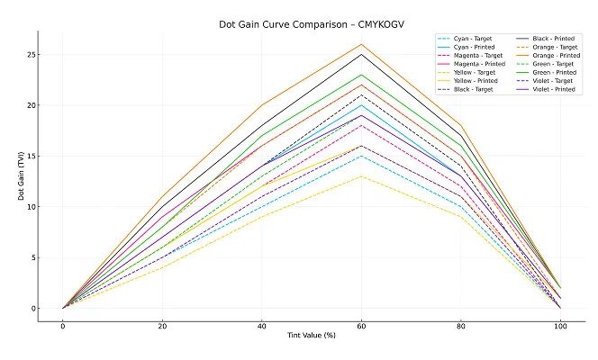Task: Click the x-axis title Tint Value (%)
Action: (x=312, y=336)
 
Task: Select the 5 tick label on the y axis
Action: (x=32, y=258)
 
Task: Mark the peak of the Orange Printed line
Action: (x=361, y=44)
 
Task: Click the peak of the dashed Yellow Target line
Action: (x=361, y=176)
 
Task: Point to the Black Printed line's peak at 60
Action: (x=361, y=54)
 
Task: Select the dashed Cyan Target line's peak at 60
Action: (x=361, y=156)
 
